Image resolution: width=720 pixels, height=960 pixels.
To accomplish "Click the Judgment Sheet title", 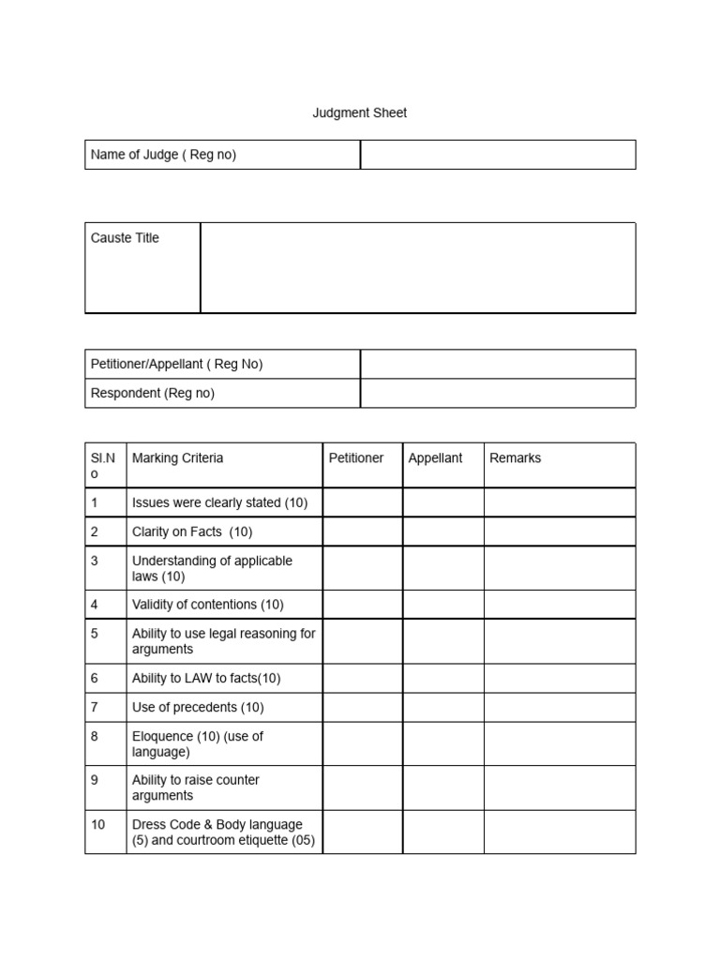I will (x=359, y=112).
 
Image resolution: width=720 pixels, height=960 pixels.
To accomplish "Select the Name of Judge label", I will (x=163, y=155).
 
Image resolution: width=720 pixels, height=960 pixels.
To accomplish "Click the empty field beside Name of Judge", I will (x=498, y=155).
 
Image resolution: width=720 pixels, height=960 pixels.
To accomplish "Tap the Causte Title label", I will (x=125, y=238).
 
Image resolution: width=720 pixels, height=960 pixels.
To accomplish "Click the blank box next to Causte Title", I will (x=418, y=267).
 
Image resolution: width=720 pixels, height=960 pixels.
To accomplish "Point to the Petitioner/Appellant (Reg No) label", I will (x=176, y=364).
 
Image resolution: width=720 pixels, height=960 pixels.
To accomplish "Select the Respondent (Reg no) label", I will (x=152, y=393).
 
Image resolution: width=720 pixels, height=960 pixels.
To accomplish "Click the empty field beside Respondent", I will (x=498, y=393).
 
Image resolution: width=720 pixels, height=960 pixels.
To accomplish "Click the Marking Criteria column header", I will (x=177, y=458).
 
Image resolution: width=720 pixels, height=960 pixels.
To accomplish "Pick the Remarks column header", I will (x=515, y=458).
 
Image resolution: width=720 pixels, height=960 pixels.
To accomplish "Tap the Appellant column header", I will (x=435, y=458).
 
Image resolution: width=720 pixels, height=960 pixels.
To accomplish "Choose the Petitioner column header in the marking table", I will (x=356, y=458).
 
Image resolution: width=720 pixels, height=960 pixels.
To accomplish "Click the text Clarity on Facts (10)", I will (x=192, y=532).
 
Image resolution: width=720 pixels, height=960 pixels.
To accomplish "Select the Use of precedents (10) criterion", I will (x=198, y=707).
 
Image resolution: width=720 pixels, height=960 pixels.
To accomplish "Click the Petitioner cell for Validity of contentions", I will (x=362, y=605).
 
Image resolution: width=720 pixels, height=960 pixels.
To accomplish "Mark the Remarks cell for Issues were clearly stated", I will (x=559, y=502).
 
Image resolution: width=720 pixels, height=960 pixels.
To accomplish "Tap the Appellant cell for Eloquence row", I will (x=443, y=743).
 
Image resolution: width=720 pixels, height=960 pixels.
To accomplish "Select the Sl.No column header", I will (x=103, y=465).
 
